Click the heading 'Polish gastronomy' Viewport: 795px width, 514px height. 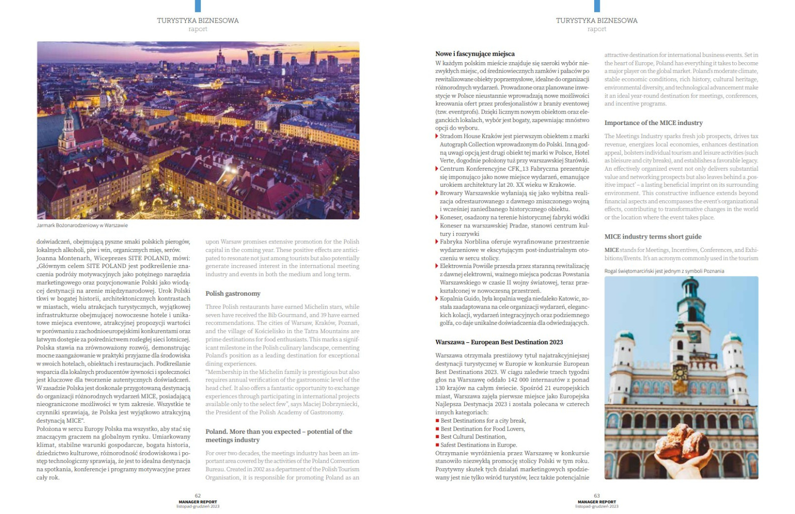[x=233, y=294]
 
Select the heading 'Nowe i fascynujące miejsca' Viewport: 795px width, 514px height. [x=475, y=54]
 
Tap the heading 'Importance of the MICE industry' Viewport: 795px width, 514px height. [x=653, y=123]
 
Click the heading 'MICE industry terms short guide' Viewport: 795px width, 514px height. [x=652, y=237]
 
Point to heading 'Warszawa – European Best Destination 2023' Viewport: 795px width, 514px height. [x=499, y=342]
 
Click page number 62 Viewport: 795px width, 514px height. [x=198, y=495]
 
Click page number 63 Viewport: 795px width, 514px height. [x=597, y=495]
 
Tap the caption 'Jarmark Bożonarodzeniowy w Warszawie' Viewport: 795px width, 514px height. [x=82, y=226]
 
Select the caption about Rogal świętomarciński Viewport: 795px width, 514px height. [x=664, y=271]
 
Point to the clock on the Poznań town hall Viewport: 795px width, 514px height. [x=680, y=372]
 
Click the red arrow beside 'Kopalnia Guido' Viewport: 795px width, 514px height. [x=437, y=299]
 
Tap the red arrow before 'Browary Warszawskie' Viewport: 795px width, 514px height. [x=437, y=193]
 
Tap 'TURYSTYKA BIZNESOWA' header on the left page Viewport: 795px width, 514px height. [x=198, y=21]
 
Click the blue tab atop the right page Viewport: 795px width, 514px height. [x=597, y=6]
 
